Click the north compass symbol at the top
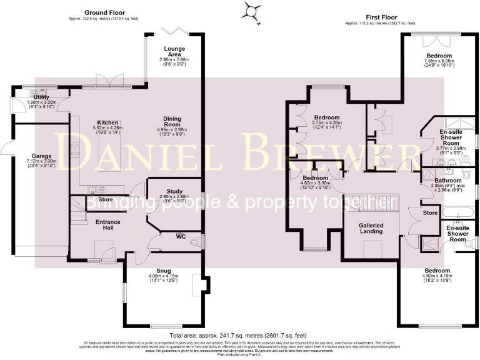[x=251, y=11]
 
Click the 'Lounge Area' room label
[x=173, y=51]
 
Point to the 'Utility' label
[x=42, y=97]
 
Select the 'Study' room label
[x=174, y=191]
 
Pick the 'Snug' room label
[x=163, y=270]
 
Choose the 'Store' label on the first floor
[x=429, y=212]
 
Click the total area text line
[x=240, y=336]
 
